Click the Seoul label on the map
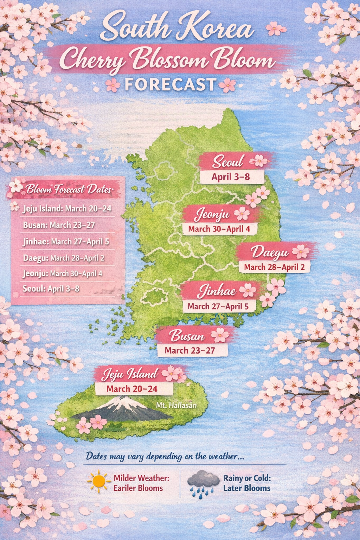click(228, 161)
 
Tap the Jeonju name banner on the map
click(212, 214)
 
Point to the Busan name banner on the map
click(187, 336)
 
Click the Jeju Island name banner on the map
click(130, 374)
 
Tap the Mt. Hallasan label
click(176, 405)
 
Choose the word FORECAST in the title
click(171, 84)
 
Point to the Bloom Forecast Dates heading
click(69, 189)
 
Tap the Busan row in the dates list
click(59, 225)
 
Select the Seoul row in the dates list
click(51, 289)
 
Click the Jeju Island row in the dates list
click(67, 208)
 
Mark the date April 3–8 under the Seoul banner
click(231, 177)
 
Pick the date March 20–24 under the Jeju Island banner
click(132, 389)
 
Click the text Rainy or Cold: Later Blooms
click(247, 483)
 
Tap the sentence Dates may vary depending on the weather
click(165, 456)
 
